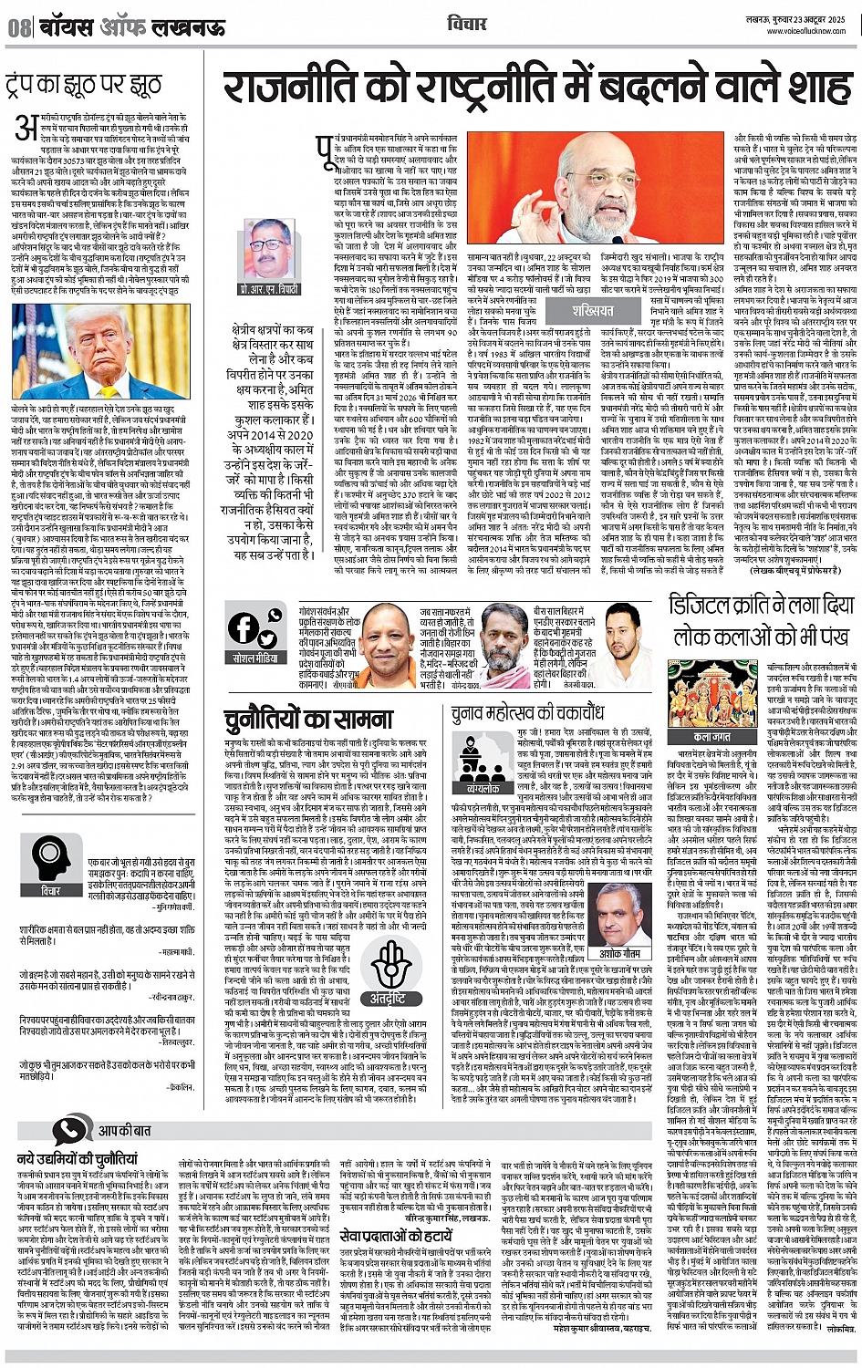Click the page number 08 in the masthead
pyautogui.click(x=19, y=26)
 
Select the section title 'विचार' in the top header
pyautogui.click(x=467, y=24)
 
